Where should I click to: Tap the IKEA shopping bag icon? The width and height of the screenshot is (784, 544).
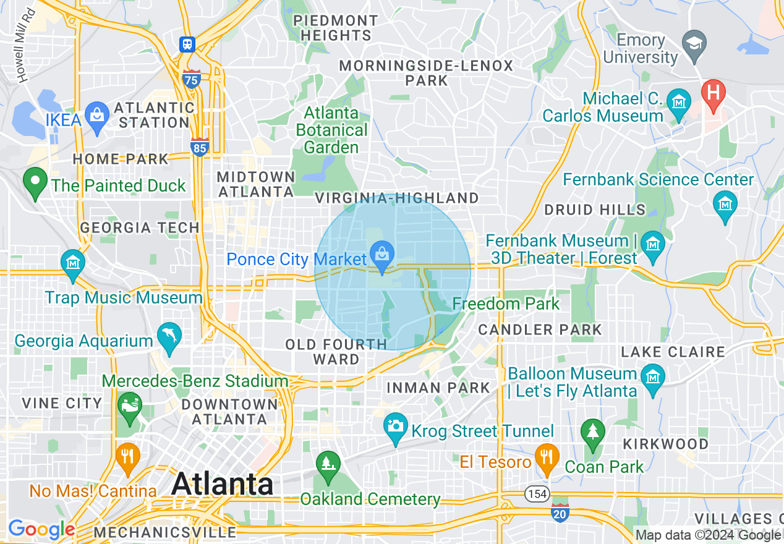pyautogui.click(x=96, y=115)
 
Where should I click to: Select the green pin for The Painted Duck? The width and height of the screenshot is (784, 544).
pyautogui.click(x=35, y=181)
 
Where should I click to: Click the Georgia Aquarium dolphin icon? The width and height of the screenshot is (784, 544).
pyautogui.click(x=169, y=336)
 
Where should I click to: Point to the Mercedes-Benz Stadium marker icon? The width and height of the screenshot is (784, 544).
pyautogui.click(x=129, y=406)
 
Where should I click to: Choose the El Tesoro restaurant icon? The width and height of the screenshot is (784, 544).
pyautogui.click(x=547, y=457)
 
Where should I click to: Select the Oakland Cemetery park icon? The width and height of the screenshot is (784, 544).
pyautogui.click(x=327, y=464)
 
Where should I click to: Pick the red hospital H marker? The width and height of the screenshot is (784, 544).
pyautogui.click(x=713, y=94)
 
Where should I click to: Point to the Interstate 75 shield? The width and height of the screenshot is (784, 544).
pyautogui.click(x=192, y=79)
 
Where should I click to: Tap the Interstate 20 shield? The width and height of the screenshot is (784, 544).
pyautogui.click(x=560, y=512)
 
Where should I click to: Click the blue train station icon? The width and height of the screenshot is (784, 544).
pyautogui.click(x=187, y=45)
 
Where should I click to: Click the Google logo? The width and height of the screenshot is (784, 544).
pyautogui.click(x=41, y=529)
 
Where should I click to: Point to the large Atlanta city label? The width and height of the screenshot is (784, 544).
pyautogui.click(x=223, y=483)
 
